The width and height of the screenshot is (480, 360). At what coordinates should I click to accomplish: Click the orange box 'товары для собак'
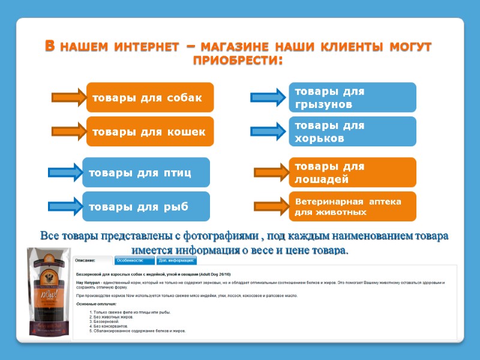[150, 97]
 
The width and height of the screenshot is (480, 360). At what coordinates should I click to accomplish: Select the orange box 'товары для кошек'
[150, 131]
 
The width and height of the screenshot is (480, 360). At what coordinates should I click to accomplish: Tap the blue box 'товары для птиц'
[146, 173]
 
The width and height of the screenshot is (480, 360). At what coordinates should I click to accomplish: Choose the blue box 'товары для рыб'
[146, 207]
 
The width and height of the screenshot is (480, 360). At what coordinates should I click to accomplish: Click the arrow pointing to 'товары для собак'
[69, 97]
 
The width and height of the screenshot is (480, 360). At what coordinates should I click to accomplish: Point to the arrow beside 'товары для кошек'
[69, 131]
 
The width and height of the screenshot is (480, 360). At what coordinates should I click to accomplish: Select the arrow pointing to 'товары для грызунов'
[268, 97]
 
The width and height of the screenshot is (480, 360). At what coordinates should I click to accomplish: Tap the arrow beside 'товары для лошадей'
[271, 173]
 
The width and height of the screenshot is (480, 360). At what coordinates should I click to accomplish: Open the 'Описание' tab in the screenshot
[92, 261]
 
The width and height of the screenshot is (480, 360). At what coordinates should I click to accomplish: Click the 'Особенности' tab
[134, 261]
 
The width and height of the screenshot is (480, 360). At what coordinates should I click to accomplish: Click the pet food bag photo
[49, 294]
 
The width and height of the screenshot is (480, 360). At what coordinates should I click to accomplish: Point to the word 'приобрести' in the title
[238, 61]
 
